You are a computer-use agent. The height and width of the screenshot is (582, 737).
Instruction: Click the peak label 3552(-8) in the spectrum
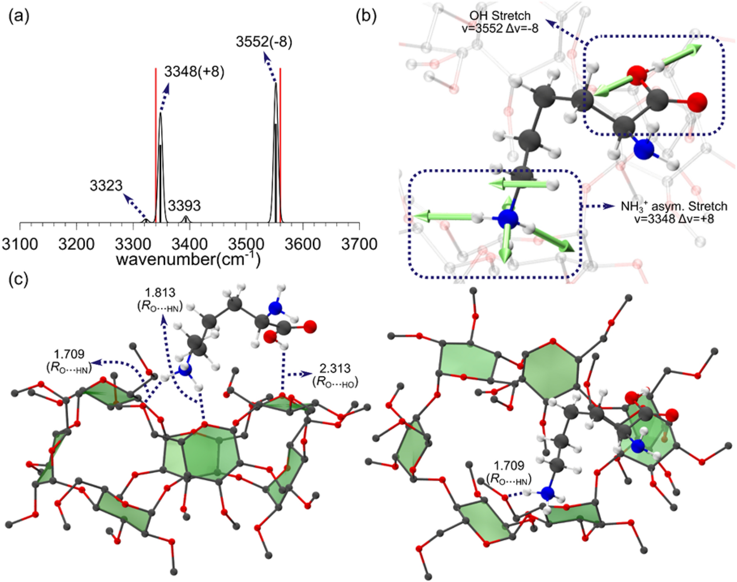[264, 42]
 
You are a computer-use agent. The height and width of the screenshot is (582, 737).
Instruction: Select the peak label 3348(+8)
[194, 72]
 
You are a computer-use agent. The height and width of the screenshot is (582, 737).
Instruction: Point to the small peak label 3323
[106, 186]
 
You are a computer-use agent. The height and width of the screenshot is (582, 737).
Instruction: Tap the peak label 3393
[184, 205]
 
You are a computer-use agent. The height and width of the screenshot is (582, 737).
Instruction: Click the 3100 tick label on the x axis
[20, 244]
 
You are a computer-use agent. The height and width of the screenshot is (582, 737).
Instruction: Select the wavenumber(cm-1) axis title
[188, 259]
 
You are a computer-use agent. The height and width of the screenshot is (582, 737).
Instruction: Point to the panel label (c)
[19, 279]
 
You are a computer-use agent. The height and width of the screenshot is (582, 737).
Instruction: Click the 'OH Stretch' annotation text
[500, 16]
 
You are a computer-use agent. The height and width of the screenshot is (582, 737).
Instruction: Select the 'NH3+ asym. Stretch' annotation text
[674, 206]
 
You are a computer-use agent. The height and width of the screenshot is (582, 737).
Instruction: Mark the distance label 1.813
[160, 292]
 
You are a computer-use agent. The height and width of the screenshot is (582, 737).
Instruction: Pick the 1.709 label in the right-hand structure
[508, 465]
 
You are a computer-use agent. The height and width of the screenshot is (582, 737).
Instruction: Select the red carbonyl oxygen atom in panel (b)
[697, 102]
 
